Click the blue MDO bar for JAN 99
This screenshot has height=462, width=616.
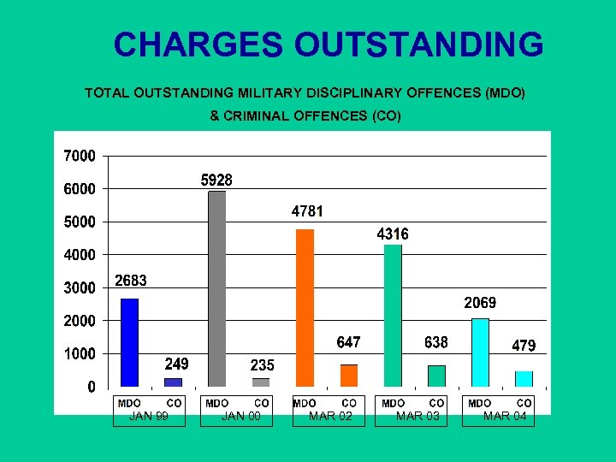pos(129,342)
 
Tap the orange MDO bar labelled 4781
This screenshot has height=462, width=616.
pos(305,308)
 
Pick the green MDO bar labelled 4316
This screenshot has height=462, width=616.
pos(393,316)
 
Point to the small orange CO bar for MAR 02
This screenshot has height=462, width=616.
pos(349,376)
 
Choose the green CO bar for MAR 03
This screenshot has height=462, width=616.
pos(436,376)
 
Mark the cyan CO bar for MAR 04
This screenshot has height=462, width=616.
pos(524,378)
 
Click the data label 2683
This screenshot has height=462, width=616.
pos(132,281)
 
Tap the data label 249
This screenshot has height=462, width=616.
pos(176,364)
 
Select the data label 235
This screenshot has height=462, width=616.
pos(262,365)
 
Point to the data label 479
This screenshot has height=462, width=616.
pos(524,346)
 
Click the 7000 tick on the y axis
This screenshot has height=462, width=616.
pos(80,156)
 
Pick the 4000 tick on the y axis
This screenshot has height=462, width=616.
pos(80,255)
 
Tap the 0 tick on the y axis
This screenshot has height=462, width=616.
pos(91,387)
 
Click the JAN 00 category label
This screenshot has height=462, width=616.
pos(240,417)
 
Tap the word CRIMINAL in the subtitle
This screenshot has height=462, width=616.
pos(256,115)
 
